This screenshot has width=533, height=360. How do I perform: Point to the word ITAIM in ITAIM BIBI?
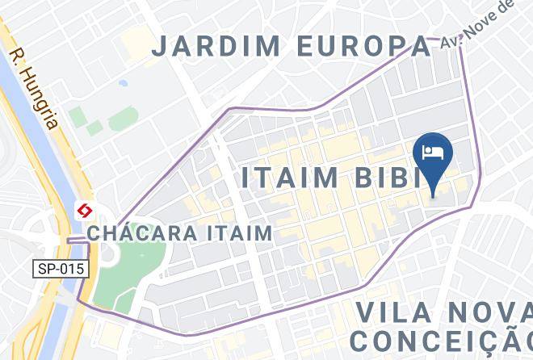pos(294,178)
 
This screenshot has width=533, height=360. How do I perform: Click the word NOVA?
pos(493,313)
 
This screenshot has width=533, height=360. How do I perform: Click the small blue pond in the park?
pos(122,82)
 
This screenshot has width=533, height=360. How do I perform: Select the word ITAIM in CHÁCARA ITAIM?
pos(243,233)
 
